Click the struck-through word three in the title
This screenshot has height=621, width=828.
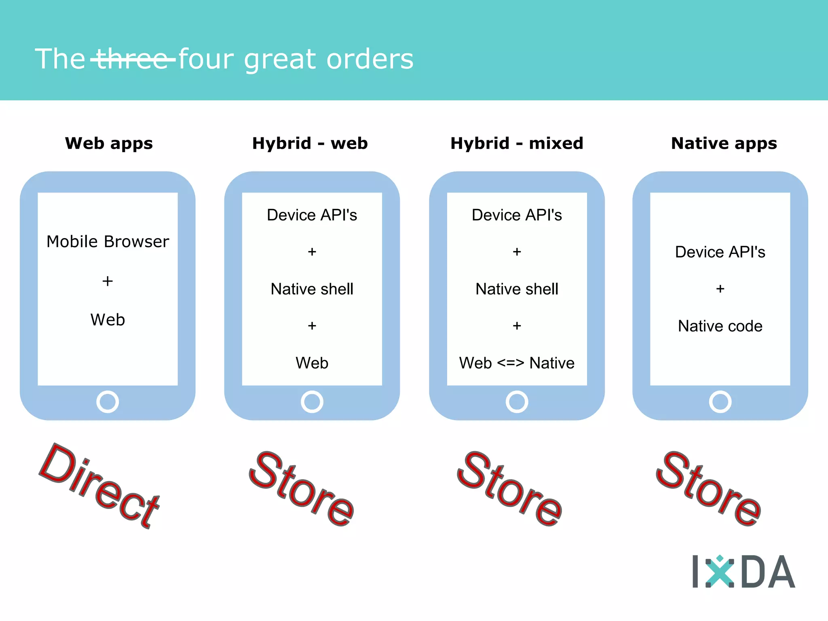pyautogui.click(x=133, y=59)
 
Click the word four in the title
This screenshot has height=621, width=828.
pyautogui.click(x=206, y=59)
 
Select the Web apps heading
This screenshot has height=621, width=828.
pyautogui.click(x=109, y=144)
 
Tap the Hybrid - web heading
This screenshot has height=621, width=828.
pyautogui.click(x=310, y=144)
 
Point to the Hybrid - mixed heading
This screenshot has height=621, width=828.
pyautogui.click(x=517, y=144)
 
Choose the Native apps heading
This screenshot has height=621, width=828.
pyautogui.click(x=724, y=144)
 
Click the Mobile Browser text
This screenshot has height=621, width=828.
pyautogui.click(x=108, y=242)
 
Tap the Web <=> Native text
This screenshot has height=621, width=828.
pyautogui.click(x=517, y=363)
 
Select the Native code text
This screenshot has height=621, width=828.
pyautogui.click(x=720, y=326)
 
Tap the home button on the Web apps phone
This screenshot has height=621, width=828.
pyautogui.click(x=108, y=402)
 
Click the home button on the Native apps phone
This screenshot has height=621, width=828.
pyautogui.click(x=720, y=402)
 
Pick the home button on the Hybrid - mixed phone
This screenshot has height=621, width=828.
pyautogui.click(x=517, y=402)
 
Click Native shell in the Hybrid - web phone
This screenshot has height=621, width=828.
pyautogui.click(x=312, y=289)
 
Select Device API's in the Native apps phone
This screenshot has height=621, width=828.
pyautogui.click(x=720, y=252)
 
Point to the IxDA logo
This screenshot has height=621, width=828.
pyautogui.click(x=743, y=572)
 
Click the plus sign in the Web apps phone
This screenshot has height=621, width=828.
pyautogui.click(x=108, y=281)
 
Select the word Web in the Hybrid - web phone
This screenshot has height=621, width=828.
pyautogui.click(x=312, y=363)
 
